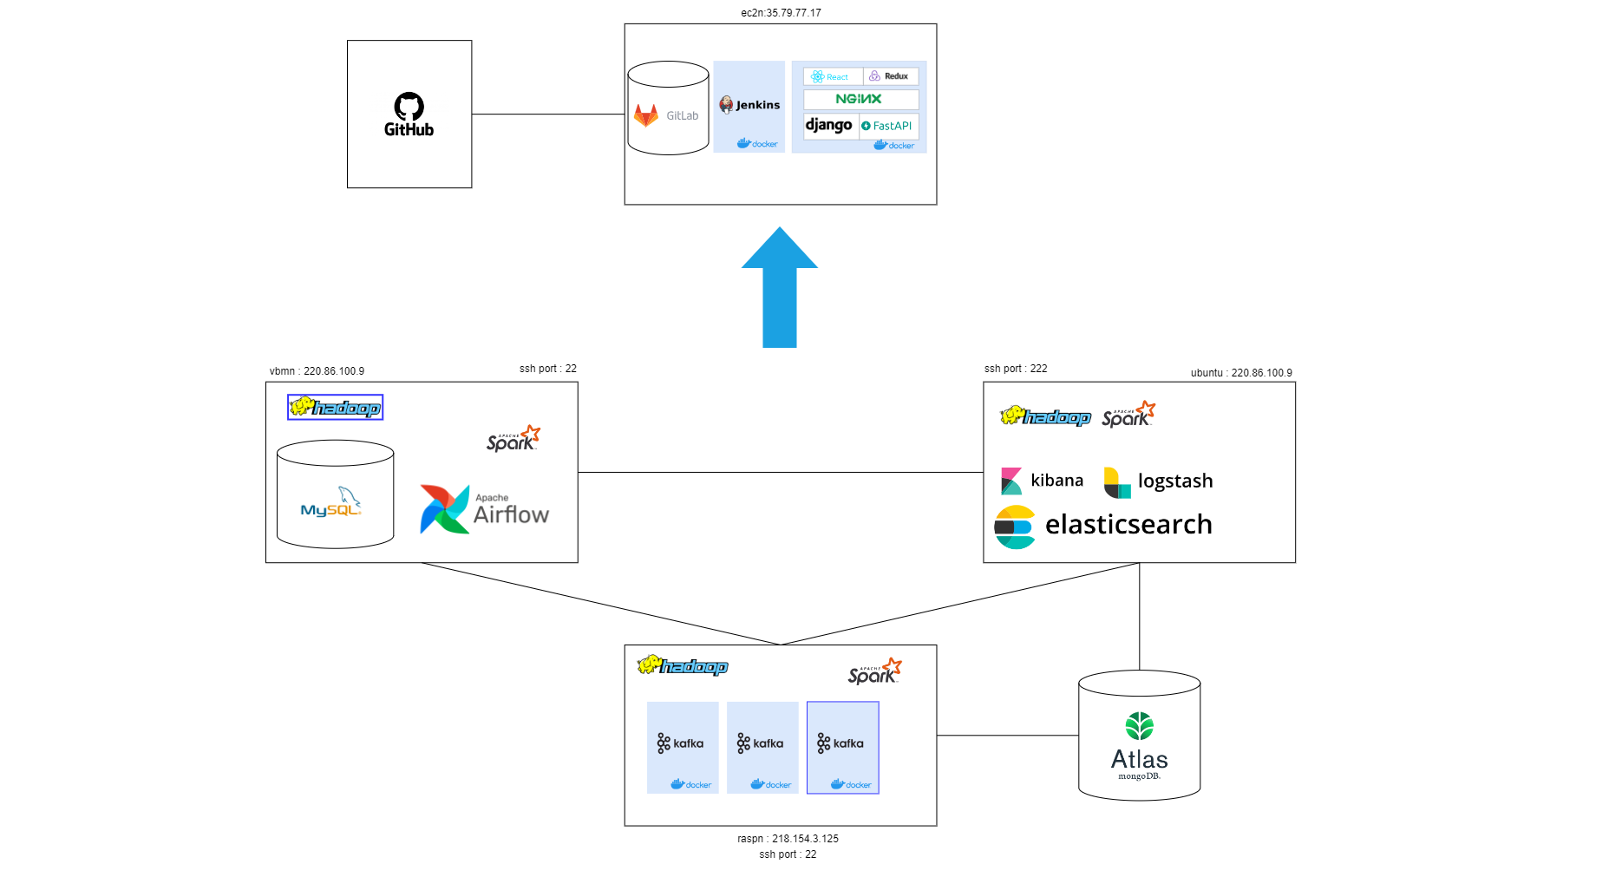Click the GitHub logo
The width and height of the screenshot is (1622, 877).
point(409,115)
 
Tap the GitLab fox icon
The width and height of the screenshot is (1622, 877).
point(646,115)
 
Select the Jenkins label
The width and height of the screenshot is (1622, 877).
point(757,105)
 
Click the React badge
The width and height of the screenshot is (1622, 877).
point(832,76)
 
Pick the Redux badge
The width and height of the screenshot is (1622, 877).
point(890,76)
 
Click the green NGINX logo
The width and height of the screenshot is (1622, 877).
point(859,99)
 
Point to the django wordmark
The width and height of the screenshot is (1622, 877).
point(828,125)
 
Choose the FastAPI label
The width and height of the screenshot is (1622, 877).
point(887,126)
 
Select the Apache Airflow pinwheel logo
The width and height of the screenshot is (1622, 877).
point(444,509)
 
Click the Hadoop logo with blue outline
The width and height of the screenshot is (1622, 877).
point(335,407)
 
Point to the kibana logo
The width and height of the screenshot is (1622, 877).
point(1011,481)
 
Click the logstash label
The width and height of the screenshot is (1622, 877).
point(1174,481)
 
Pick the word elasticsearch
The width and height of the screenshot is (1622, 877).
point(1128,524)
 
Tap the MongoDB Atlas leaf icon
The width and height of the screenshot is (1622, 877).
point(1139,726)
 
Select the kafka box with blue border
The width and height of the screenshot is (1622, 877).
point(842,747)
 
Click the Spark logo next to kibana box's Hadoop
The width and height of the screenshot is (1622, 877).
point(1128,415)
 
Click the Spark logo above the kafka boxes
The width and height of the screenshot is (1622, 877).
point(874,671)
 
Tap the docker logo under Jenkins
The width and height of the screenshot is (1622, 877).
point(757,144)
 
